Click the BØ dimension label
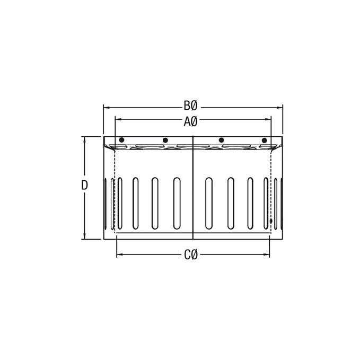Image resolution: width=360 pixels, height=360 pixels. point(190,106)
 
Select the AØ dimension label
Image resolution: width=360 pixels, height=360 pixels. point(190,122)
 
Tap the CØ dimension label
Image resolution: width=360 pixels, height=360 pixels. point(191,255)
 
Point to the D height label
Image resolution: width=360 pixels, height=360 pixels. point(84,185)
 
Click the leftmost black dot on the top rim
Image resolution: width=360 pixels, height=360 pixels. point(122,140)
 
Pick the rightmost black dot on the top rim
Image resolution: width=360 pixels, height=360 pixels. point(264,141)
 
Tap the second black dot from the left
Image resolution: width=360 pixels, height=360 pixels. point(165,140)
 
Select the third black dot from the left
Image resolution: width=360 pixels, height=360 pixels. point(221,140)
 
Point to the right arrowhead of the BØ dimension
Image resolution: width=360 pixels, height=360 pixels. point(279,108)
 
